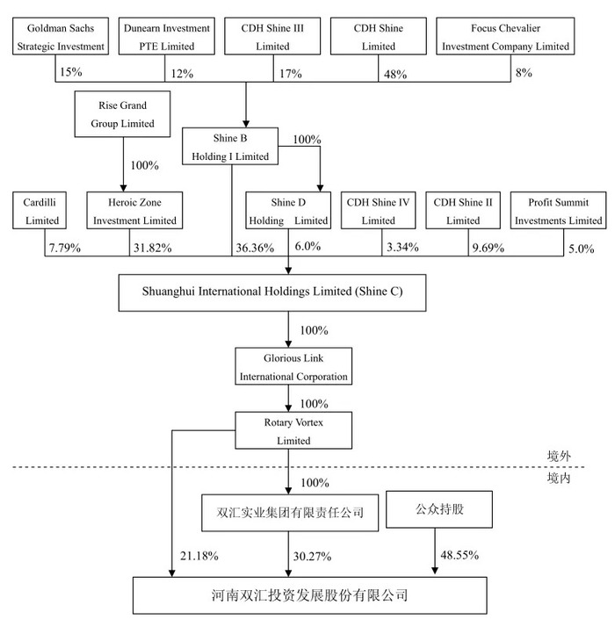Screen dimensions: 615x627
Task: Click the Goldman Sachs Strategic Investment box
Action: pos(61,36)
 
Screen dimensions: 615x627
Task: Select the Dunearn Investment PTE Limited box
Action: pos(166,36)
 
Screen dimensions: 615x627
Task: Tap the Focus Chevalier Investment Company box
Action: pos(505,36)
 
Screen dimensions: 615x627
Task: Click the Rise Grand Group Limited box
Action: pos(122,114)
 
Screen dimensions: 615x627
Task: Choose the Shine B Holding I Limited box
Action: pos(230,146)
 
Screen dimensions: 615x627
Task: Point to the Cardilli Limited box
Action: pos(40,211)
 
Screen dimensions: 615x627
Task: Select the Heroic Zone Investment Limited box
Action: pos(134,211)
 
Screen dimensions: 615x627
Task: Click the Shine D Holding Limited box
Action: pos(288,211)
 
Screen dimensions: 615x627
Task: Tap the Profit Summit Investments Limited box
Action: pos(558,211)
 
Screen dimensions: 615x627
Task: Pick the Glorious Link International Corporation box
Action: pos(293,366)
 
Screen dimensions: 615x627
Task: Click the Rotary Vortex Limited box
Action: pos(293,430)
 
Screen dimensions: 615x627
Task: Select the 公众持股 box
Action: pos(439,509)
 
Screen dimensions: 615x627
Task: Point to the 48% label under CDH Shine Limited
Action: pos(395,75)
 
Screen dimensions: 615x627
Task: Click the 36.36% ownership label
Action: pos(255,248)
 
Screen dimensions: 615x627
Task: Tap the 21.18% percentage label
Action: pos(199,556)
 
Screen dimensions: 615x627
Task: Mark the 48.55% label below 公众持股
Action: pos(459,555)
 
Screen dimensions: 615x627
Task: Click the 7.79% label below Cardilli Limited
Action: pos(65,248)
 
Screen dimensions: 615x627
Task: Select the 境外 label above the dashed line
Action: pos(559,457)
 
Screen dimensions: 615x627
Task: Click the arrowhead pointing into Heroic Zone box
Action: pos(123,188)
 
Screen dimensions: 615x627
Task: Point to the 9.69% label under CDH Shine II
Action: pos(488,248)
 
